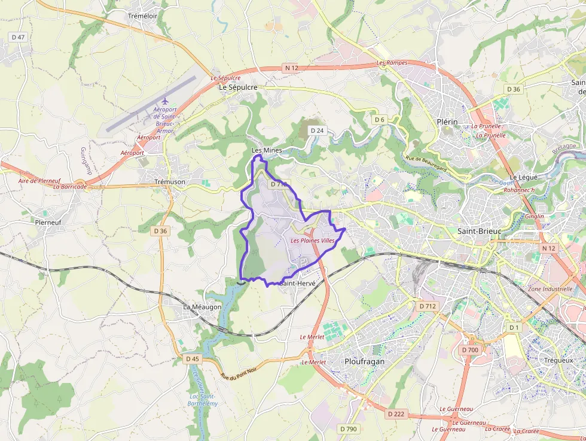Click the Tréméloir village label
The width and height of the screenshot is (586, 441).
142,16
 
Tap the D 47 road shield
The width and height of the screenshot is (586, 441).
19,37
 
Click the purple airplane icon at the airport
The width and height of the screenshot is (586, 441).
165,101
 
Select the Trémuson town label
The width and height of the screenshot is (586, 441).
170,181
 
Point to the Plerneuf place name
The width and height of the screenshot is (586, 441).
48,221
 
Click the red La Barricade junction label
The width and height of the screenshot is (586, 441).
70,187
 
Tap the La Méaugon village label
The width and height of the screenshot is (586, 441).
202,307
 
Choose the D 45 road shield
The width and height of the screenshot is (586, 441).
193,359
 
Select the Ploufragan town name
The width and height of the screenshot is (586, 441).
365,361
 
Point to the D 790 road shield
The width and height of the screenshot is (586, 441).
348,428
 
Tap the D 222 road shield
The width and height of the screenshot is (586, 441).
396,413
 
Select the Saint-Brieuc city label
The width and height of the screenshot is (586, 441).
479,231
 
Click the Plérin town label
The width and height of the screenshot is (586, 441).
447,121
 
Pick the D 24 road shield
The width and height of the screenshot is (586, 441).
317,130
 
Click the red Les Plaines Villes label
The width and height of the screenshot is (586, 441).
312,241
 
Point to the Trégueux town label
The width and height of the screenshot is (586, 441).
558,360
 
